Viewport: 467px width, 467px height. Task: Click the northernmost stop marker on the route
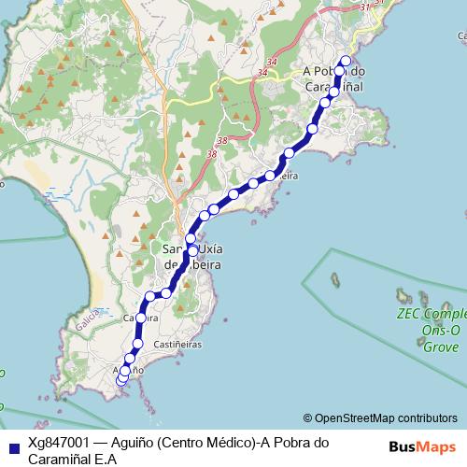346,62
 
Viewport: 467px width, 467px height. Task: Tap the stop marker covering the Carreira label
141,318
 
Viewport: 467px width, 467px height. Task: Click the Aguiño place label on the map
129,370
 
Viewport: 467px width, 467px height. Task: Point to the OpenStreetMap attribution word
356,417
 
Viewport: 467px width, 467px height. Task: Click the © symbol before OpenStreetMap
307,417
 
